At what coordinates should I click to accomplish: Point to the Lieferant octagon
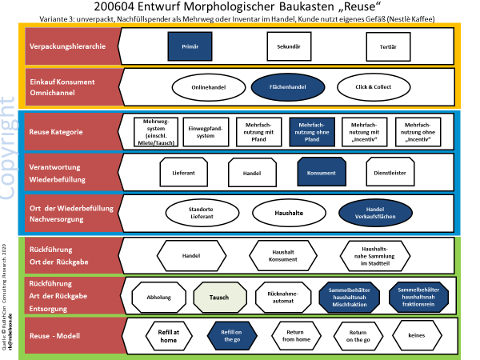(183, 172)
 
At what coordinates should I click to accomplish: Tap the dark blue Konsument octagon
(320, 172)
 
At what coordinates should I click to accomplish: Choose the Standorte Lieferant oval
(201, 214)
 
